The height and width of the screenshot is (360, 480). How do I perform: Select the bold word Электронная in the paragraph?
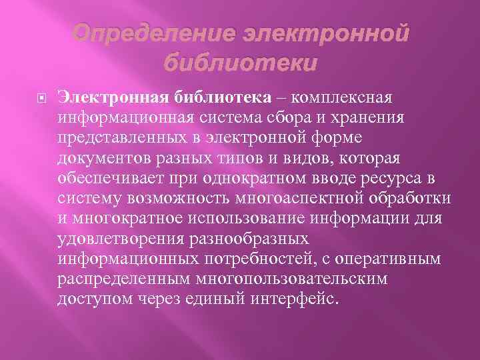coord(113,98)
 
